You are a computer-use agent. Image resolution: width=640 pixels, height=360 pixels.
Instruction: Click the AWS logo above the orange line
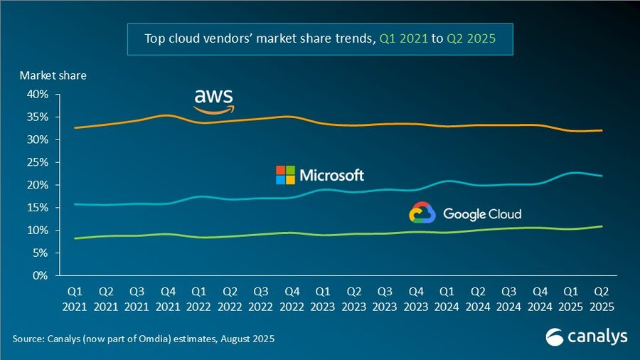[x=213, y=101]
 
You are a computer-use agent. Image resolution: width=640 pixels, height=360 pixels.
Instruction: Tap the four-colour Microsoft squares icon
[x=285, y=175]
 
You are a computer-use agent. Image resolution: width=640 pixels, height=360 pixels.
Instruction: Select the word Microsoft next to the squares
[x=332, y=175]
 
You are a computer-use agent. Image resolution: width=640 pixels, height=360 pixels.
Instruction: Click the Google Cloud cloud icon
[x=422, y=213]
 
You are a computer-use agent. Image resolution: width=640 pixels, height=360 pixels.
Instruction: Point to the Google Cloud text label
[x=482, y=213]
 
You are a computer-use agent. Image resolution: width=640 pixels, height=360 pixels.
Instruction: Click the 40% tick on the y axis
[x=38, y=94]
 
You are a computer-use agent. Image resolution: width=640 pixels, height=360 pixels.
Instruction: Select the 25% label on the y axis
[x=38, y=162]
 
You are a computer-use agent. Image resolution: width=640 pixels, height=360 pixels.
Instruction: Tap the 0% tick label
[x=41, y=275]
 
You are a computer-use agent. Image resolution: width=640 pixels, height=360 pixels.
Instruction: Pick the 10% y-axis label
[x=38, y=230]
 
